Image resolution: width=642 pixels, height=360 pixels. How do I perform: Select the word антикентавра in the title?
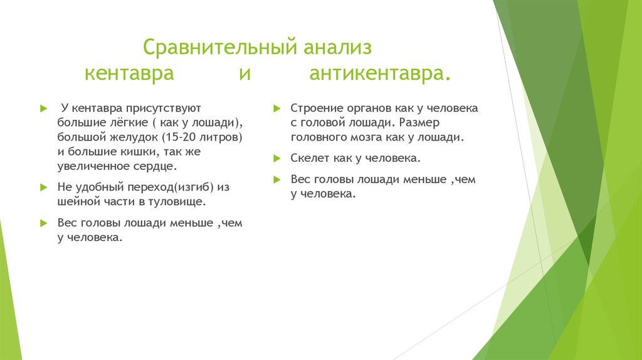click(x=379, y=74)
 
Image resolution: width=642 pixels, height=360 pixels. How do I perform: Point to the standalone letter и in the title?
click(x=245, y=74)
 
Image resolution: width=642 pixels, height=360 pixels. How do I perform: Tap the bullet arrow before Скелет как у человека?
click(x=276, y=158)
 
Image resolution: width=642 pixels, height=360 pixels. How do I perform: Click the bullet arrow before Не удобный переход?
click(x=43, y=188)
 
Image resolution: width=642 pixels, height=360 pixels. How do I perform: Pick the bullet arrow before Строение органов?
click(x=276, y=108)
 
